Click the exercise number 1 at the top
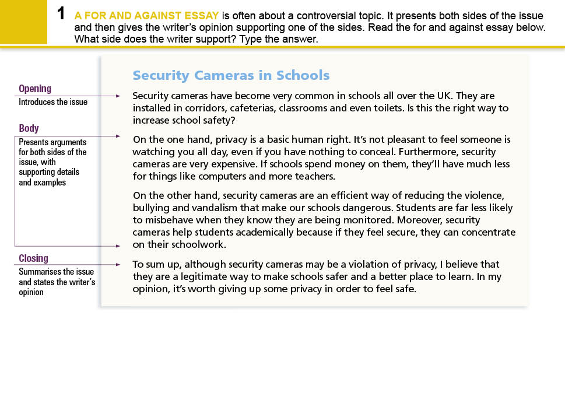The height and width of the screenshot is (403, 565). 61,14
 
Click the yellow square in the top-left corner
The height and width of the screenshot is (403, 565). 23,22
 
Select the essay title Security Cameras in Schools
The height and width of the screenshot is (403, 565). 231,75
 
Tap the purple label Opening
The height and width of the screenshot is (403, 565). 35,89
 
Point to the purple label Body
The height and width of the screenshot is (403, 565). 29,128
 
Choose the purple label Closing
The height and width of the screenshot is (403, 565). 33,258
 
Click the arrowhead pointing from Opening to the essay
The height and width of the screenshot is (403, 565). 118,96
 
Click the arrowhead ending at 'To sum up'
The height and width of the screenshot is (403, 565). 118,265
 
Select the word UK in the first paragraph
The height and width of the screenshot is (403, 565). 444,96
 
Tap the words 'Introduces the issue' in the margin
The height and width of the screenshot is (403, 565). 53,102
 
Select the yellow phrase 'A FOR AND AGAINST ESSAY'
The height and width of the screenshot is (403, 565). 146,16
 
